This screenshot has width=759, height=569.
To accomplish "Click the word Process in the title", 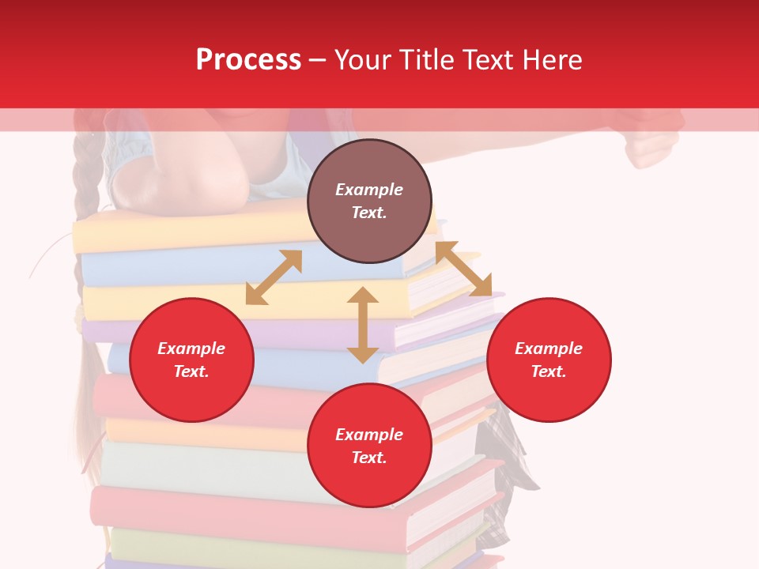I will [x=248, y=60].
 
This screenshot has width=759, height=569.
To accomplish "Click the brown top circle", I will [x=369, y=201].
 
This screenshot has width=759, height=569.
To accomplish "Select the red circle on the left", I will [x=191, y=360].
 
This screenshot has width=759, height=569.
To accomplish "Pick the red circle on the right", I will [x=549, y=360].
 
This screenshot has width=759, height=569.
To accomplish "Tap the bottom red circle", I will [x=369, y=446].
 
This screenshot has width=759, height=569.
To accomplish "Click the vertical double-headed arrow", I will [x=363, y=325].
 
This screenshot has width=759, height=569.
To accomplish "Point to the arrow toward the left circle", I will [x=274, y=277].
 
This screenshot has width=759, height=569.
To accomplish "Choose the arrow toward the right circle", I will [x=463, y=269].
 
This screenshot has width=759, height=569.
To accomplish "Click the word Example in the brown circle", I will [x=369, y=190].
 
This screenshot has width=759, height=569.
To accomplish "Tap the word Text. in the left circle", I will [x=191, y=371].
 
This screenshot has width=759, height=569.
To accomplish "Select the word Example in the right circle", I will [x=549, y=349].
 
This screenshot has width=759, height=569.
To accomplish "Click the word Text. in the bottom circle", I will [x=369, y=458].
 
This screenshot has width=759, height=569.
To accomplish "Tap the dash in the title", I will [x=318, y=60].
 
